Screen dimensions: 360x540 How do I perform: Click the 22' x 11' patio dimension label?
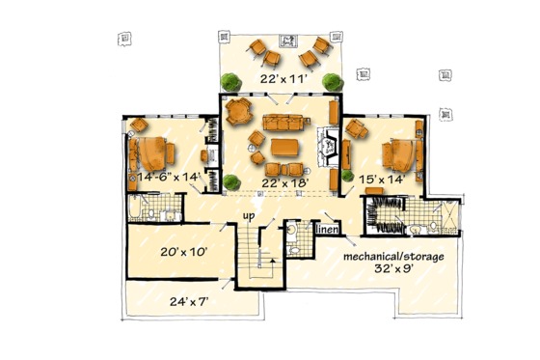point(280,77)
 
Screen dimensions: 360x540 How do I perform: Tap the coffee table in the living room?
point(285,148)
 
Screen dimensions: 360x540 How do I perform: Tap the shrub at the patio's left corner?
point(229,81)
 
